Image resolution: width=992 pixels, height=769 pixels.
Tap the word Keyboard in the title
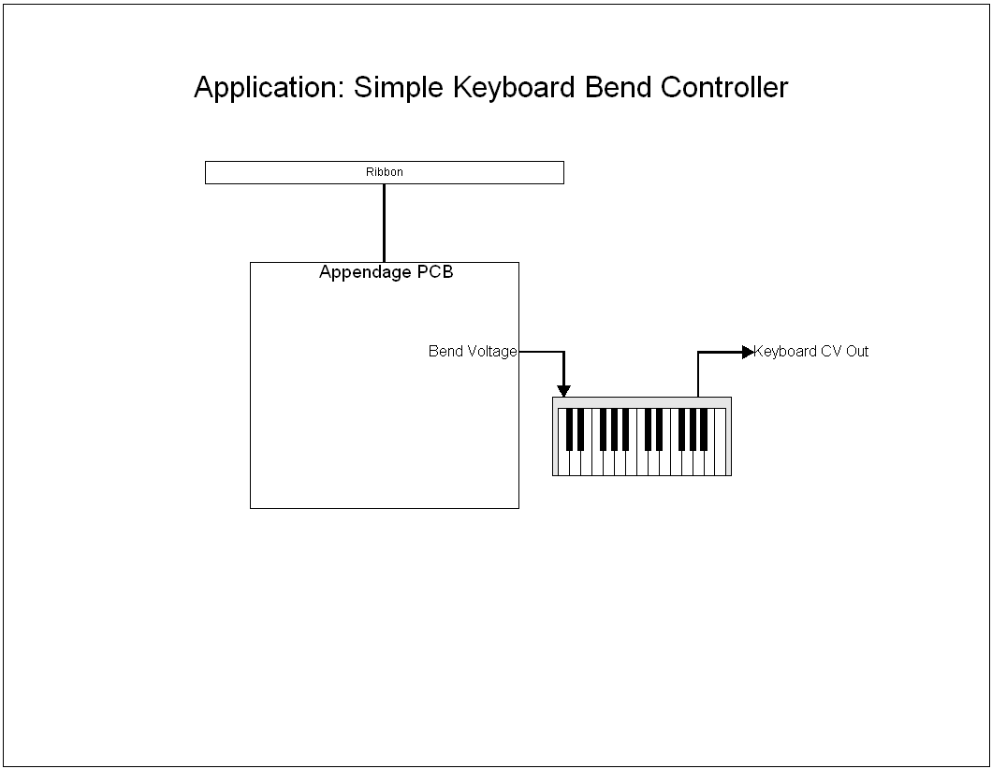click(515, 88)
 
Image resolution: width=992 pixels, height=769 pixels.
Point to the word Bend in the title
click(618, 87)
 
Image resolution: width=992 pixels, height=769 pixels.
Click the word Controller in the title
click(724, 87)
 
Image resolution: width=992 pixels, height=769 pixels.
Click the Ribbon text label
click(384, 172)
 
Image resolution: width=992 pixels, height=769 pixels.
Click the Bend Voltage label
click(473, 352)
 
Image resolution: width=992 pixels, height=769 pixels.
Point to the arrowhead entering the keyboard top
click(563, 390)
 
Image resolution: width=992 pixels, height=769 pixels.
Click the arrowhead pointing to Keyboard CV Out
click(747, 352)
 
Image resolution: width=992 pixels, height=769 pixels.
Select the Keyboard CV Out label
click(810, 352)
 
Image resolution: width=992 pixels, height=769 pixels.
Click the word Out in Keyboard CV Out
click(856, 352)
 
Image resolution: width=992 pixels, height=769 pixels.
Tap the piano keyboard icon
click(642, 437)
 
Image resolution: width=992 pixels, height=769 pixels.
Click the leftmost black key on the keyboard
click(570, 428)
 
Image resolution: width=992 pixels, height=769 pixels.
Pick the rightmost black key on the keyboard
click(704, 428)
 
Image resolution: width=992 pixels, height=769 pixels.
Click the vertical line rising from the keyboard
click(698, 374)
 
